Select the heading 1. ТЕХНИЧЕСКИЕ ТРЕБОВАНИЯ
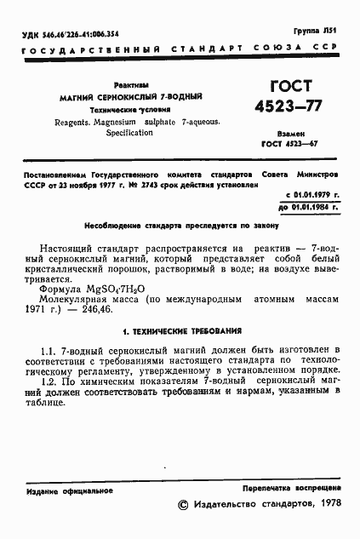180,330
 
